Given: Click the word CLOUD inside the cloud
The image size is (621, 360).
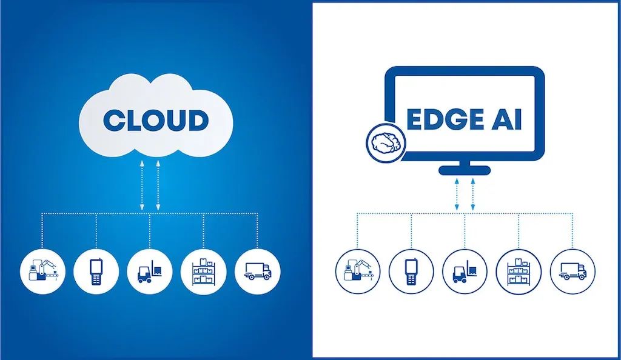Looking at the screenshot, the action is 156,120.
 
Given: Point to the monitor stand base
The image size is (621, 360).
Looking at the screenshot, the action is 465,170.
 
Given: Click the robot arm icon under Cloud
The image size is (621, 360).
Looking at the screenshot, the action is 42,272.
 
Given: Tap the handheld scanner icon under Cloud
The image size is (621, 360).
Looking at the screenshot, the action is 96,272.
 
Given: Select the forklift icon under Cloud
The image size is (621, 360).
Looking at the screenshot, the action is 150,272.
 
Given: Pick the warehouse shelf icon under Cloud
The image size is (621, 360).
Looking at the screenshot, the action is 203,272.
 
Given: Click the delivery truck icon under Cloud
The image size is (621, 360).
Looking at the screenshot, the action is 257,272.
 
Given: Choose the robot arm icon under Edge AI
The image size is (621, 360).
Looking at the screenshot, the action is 358,272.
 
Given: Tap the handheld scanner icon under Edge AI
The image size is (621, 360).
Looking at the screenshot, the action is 411,272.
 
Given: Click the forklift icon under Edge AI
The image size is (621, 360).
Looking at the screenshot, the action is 465,272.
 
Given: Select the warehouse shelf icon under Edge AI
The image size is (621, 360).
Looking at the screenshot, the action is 519,272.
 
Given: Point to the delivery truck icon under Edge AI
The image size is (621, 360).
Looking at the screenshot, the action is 572,272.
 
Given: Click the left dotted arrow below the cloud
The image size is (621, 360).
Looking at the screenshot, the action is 142,185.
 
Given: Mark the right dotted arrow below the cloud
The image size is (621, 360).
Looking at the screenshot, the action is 158,185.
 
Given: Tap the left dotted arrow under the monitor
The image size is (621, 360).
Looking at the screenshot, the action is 457,194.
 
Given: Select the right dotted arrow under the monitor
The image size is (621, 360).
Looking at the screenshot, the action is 473,194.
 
